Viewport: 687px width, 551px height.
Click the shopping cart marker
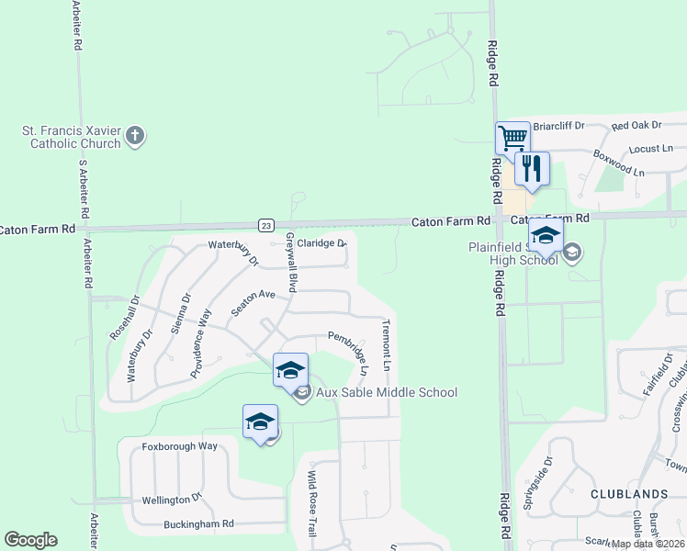pyautogui.click(x=512, y=139)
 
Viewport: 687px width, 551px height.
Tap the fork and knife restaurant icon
pyautogui.click(x=532, y=168)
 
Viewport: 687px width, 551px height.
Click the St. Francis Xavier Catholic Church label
pyautogui.click(x=73, y=137)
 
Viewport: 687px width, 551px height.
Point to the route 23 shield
pyautogui.click(x=265, y=224)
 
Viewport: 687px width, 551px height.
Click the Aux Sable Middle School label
pyautogui.click(x=386, y=393)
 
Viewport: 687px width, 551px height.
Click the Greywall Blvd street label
pyautogui.click(x=290, y=263)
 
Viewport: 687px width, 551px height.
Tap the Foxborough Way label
pyautogui.click(x=179, y=446)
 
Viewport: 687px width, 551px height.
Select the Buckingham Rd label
pyautogui.click(x=198, y=524)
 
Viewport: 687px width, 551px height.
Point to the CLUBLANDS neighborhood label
pyautogui.click(x=629, y=494)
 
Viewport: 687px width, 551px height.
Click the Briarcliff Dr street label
pyautogui.click(x=559, y=126)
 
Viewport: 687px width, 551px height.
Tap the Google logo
pyautogui.click(x=30, y=540)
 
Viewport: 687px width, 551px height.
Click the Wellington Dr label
pyautogui.click(x=171, y=499)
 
